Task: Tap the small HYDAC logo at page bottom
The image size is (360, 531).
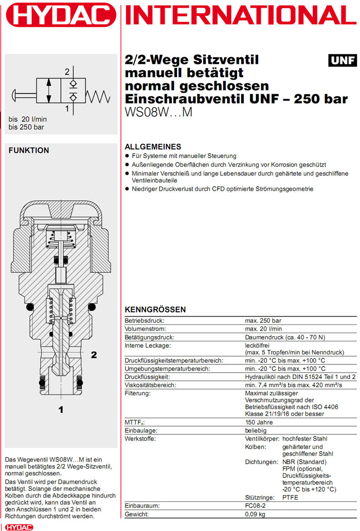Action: tap(19, 527)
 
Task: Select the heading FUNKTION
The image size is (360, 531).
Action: tap(29, 150)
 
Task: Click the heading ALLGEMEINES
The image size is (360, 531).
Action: tap(153, 147)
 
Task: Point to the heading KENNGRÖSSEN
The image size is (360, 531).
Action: tap(155, 309)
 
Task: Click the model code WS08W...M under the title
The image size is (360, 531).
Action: tap(158, 112)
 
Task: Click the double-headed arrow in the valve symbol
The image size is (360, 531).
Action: tap(48, 91)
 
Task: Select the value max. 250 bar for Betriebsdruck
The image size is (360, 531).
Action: tap(263, 320)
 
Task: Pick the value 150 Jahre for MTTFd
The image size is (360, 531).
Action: tap(259, 422)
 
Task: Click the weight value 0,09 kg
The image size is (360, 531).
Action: tap(256, 514)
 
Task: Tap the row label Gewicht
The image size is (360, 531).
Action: tap(137, 514)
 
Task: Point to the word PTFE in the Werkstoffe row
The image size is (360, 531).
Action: tap(291, 497)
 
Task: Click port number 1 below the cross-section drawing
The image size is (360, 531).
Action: tap(61, 410)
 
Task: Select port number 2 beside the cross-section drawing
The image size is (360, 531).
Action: tap(94, 354)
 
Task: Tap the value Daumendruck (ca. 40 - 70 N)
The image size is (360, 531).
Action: tap(284, 337)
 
